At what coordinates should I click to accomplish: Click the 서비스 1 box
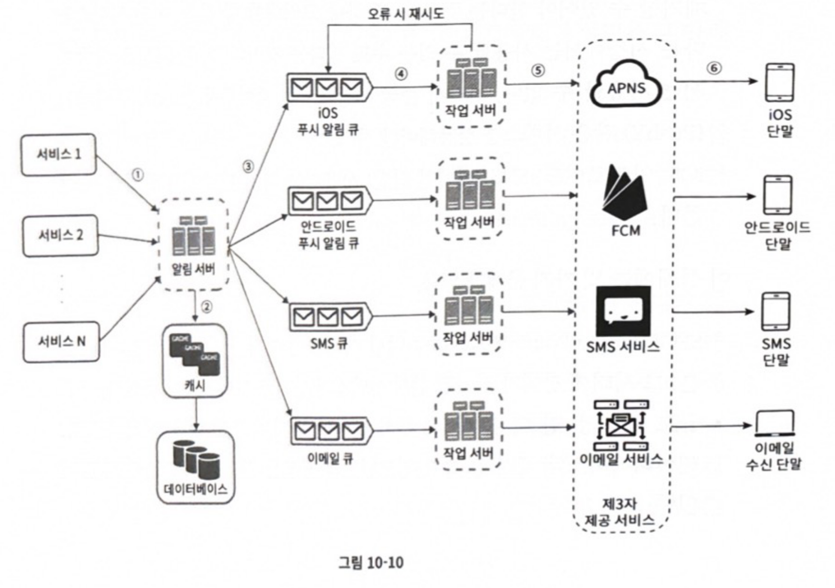[59, 154]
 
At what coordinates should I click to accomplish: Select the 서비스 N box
[61, 342]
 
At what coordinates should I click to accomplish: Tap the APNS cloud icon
[626, 84]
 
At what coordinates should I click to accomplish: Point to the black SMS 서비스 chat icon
[623, 311]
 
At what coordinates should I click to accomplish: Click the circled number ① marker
[137, 175]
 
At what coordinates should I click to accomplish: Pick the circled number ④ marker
[401, 74]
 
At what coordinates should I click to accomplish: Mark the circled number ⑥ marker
[714, 68]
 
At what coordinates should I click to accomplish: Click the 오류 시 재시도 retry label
[406, 14]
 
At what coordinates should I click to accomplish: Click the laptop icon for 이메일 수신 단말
[775, 423]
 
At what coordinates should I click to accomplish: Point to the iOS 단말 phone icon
[780, 83]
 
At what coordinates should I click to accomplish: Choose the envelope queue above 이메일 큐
[329, 431]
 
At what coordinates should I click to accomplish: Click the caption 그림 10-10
[371, 562]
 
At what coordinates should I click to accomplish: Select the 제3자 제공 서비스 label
[620, 512]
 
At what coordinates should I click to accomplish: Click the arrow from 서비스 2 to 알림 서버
[127, 238]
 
